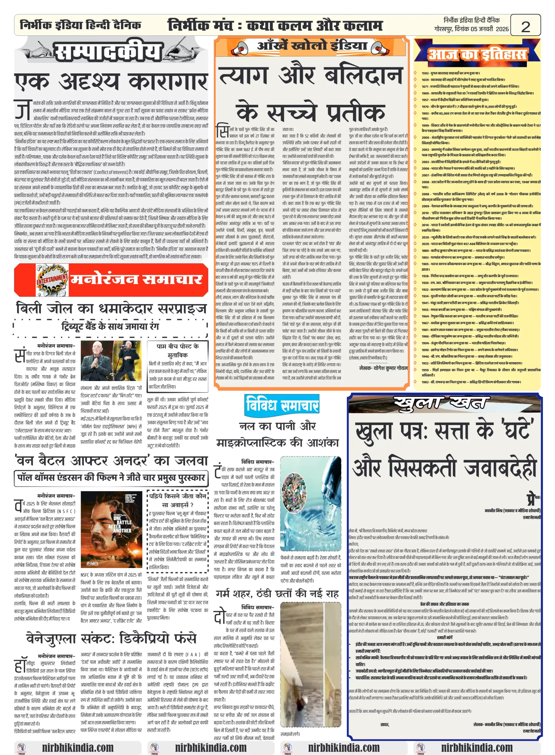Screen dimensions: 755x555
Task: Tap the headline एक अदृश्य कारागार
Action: click(111, 82)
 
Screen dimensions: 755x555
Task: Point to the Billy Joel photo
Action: click(111, 360)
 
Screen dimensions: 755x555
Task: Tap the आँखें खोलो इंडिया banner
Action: click(311, 46)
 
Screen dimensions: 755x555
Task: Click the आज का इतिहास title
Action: click(477, 54)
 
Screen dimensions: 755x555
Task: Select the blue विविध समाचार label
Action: click(282, 405)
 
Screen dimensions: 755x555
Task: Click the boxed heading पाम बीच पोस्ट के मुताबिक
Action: click(177, 350)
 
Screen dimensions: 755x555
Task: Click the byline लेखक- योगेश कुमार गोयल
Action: click(383, 368)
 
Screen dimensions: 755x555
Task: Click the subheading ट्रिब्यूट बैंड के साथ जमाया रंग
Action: click(110, 326)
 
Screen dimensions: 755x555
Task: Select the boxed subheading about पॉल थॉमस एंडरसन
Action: click(111, 477)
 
